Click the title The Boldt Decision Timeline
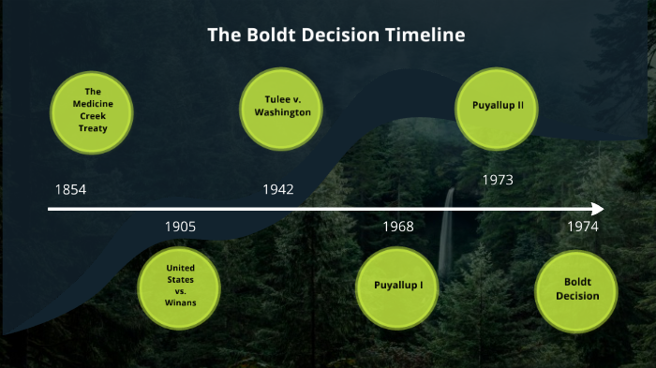(x=336, y=37)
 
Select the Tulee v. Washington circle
(x=282, y=105)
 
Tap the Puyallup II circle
(x=497, y=105)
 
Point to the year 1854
(x=70, y=190)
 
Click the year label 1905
(x=180, y=227)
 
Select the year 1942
(x=278, y=190)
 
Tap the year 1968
(x=397, y=227)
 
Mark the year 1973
(x=497, y=179)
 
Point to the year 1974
(x=582, y=227)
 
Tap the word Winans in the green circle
(x=180, y=302)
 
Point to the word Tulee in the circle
(x=269, y=98)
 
